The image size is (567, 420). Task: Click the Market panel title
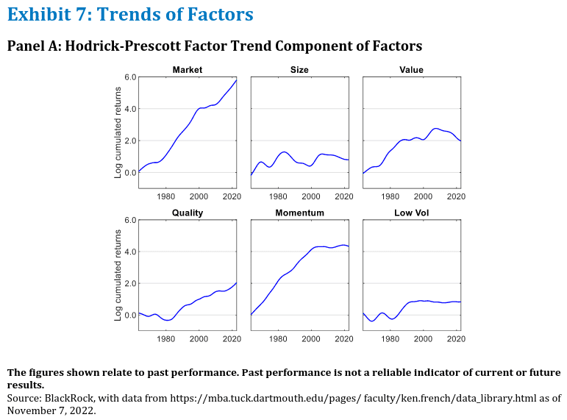pos(188,70)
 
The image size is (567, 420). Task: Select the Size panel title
pos(299,70)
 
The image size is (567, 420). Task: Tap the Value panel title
pos(411,70)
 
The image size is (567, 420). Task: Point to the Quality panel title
pos(188,213)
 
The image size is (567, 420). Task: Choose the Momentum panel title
pos(299,213)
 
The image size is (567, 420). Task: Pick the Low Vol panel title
pos(412,213)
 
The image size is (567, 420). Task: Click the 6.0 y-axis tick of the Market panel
pos(130,77)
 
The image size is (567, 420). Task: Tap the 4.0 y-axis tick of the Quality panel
pos(130,252)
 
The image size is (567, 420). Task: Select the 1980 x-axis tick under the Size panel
pos(278,196)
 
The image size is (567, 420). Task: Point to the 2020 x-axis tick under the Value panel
pos(456,196)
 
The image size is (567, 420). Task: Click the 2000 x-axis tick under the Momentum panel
pos(311,339)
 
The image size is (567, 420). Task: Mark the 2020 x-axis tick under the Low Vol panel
pos(456,339)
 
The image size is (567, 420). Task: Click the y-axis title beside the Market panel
pos(118,132)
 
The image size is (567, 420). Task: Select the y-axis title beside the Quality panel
pos(118,275)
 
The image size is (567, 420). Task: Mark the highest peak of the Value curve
pos(435,129)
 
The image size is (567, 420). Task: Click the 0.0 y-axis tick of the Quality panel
pos(130,315)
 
